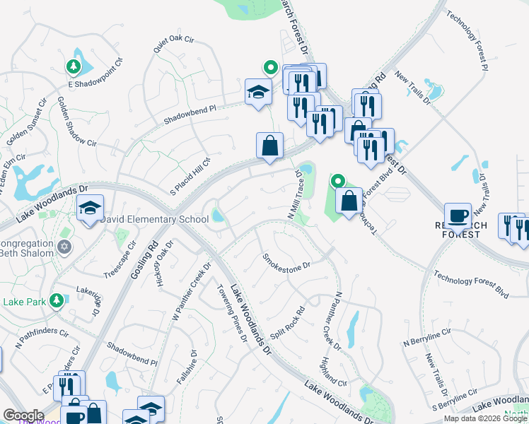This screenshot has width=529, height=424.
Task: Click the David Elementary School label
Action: coord(154,220)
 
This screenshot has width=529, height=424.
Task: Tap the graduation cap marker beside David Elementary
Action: coord(90,208)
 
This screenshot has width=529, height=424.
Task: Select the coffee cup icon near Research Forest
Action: coord(458,215)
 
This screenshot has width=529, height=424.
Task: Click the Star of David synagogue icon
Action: coord(65,247)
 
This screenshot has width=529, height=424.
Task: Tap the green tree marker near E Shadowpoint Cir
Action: coord(72,66)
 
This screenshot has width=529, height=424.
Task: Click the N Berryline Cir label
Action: coord(426,338)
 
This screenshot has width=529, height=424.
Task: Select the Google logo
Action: coord(23,416)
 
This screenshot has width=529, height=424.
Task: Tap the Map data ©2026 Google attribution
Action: coord(484,418)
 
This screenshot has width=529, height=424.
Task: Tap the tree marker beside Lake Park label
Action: coord(56,300)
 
